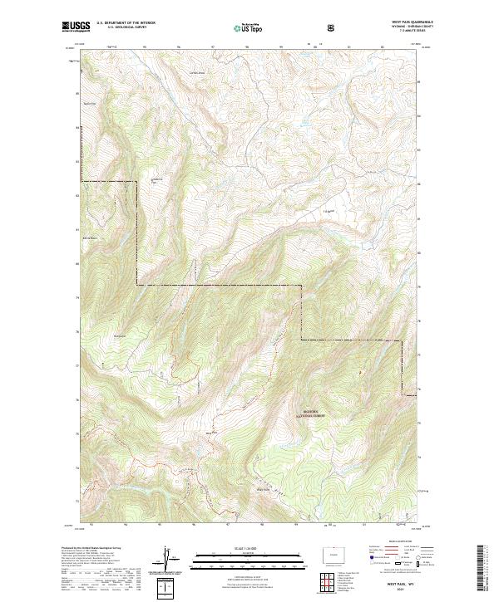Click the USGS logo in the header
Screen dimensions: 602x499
tap(76, 27)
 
